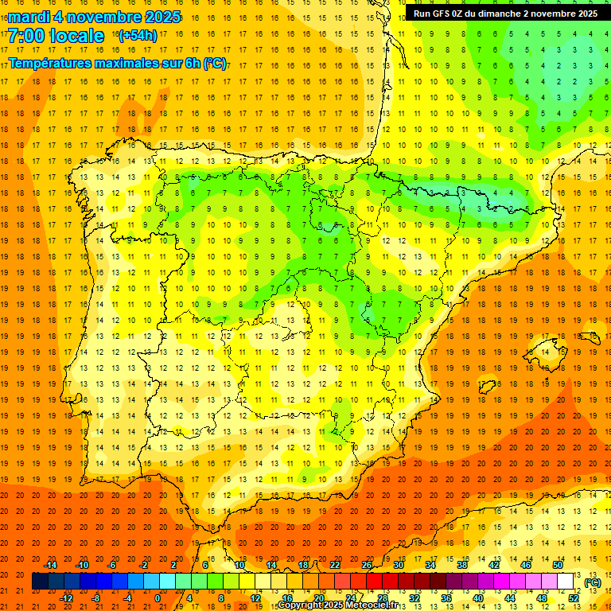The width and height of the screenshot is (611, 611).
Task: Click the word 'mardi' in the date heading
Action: coord(29,17)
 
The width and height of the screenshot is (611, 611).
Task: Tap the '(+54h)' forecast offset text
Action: coord(138,36)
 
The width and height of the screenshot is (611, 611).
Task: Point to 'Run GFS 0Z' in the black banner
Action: coord(439,14)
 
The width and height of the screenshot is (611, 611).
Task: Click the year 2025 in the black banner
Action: coord(585,14)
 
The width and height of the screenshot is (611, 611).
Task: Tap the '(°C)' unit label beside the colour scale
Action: coord(593,582)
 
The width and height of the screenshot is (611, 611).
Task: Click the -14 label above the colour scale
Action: coord(50,565)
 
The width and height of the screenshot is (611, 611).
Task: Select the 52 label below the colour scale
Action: coord(574,598)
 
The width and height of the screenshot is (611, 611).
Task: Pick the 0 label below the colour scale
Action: coord(158,598)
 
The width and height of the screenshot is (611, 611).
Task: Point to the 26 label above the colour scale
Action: coord(367,565)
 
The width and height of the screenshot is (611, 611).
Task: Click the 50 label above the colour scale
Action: coord(558,565)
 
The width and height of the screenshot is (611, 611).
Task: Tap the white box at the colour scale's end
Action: coord(566,582)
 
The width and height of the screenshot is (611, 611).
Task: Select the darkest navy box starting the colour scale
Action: coord(40,582)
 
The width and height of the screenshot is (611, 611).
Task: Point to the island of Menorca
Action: coord(589,338)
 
